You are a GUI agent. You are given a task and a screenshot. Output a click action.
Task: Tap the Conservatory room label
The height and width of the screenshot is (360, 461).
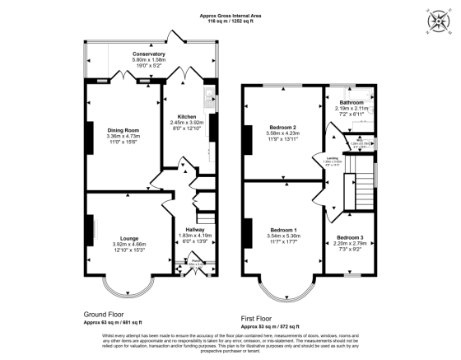click(x=149, y=54)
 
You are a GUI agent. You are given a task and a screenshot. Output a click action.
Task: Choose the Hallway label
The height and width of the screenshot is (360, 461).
click(x=195, y=230)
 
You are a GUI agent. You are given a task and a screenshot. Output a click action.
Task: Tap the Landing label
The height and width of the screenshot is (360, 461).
click(x=333, y=160)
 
